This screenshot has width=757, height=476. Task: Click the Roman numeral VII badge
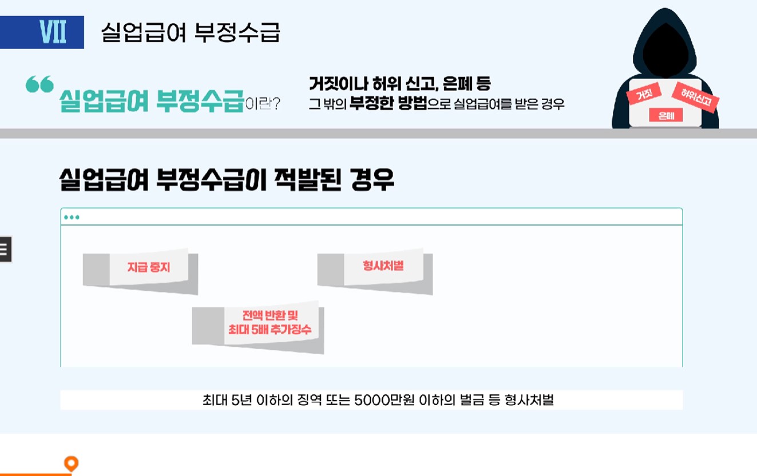point(53,32)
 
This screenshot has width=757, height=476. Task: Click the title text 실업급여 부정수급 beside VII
point(191,33)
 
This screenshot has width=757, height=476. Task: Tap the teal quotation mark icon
point(39,84)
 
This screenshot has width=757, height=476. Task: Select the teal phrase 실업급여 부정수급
point(151,101)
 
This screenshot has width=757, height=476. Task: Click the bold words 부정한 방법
point(389,104)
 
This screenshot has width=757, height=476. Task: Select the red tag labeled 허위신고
point(696,97)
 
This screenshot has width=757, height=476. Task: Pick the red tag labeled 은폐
point(666,115)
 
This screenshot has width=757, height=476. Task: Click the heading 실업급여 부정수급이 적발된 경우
point(227,180)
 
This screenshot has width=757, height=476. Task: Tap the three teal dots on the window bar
point(72,217)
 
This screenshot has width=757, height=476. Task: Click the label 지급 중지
point(149,267)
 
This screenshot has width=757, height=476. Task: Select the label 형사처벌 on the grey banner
point(383,265)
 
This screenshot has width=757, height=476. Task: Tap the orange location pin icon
point(71,463)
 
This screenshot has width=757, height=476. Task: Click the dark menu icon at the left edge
point(5,249)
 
